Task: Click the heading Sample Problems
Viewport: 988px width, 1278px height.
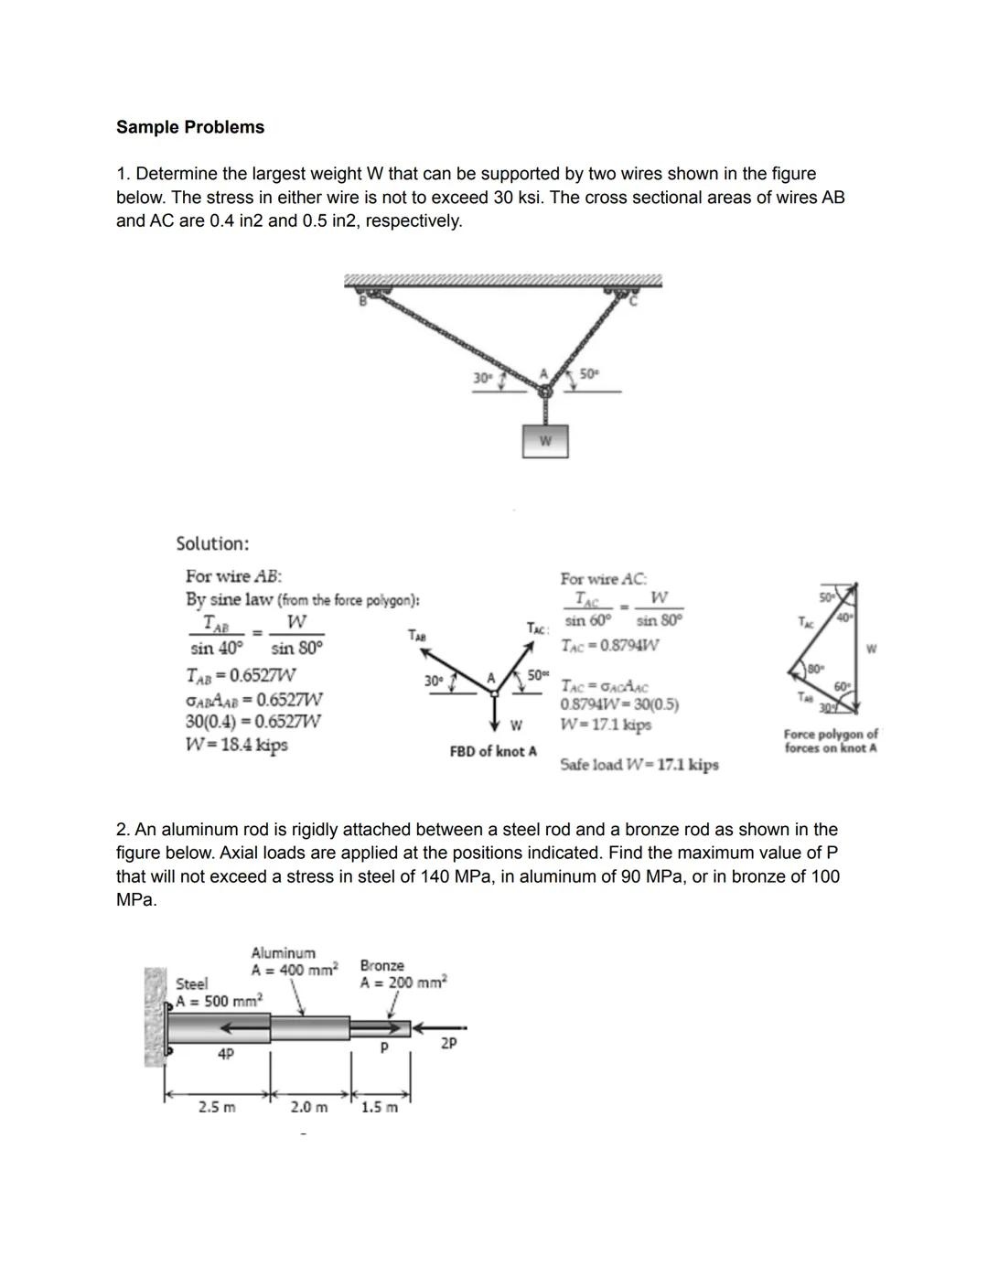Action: point(190,127)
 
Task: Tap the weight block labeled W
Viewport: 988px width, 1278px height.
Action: point(545,440)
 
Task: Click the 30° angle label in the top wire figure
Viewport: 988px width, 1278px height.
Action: point(482,377)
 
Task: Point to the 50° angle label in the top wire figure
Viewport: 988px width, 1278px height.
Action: point(590,374)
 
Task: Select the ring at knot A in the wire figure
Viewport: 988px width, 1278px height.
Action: point(545,392)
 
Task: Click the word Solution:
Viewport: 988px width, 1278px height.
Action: point(212,543)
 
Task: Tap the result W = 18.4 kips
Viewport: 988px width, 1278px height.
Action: point(237,744)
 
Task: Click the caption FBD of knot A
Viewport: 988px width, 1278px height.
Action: point(493,751)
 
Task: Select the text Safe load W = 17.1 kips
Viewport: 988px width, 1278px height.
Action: point(639,764)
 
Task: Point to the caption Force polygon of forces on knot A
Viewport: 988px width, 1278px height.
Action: point(831,741)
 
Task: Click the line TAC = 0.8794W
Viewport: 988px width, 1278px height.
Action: point(609,645)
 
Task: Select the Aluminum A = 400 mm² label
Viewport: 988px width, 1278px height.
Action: point(294,961)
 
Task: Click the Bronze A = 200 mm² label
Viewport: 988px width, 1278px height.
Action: point(403,974)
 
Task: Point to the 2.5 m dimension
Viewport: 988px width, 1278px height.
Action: point(217,1107)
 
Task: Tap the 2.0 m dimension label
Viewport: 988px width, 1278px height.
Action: point(308,1107)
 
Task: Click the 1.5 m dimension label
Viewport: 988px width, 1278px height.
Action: point(380,1107)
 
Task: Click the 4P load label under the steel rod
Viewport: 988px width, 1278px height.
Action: point(225,1054)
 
